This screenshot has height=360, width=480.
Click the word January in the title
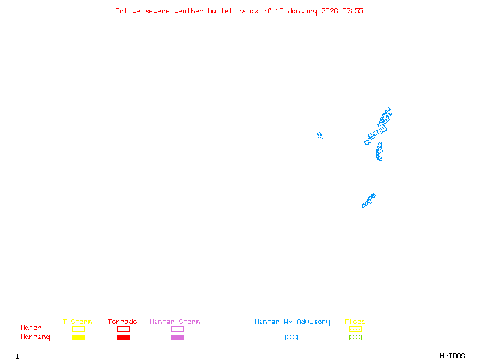pos(302,11)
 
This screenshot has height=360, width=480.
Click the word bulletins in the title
pos(226,11)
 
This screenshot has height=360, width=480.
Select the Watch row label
pos(31,328)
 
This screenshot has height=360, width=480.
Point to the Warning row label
pos(35,337)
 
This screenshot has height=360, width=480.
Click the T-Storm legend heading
pos(77,322)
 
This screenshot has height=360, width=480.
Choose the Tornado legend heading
pos(122,322)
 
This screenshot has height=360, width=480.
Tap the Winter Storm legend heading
pos(175,322)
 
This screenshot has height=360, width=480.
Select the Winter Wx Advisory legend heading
pos(292,322)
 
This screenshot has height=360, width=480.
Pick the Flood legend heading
pos(355,322)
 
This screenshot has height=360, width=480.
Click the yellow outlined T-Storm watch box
pos(78,329)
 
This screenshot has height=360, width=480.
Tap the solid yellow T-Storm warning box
pos(78,337)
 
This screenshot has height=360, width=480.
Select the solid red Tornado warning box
pos(123,337)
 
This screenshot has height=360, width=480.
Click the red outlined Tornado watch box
pos(123,329)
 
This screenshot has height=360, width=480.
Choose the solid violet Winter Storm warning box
pos(177,337)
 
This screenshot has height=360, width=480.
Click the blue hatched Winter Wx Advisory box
pos(291,337)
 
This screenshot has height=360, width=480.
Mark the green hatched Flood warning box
pos(355,337)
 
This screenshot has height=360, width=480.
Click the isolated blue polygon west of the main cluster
pos(320,136)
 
